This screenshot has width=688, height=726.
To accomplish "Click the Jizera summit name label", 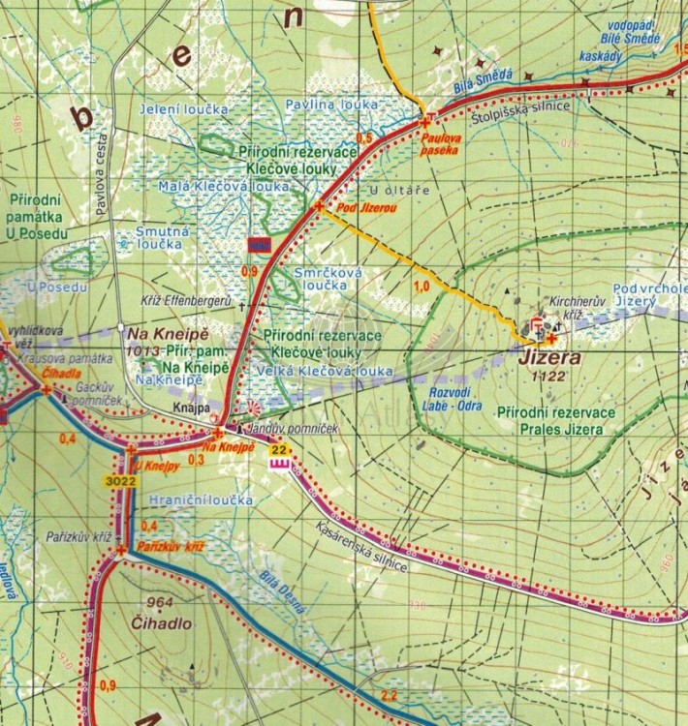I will tap(549, 357).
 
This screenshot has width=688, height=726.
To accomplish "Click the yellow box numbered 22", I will tap(280, 448).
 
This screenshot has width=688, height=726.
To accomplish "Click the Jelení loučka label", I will tap(183, 109).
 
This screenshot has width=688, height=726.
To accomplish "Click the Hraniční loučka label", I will tap(202, 499).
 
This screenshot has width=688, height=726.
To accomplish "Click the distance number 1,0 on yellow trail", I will tap(421, 287).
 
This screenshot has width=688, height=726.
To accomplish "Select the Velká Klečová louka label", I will tap(325, 370).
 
